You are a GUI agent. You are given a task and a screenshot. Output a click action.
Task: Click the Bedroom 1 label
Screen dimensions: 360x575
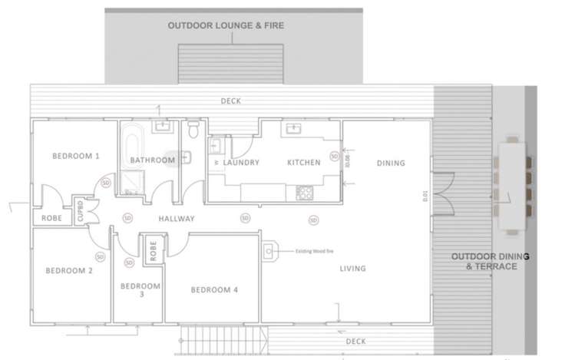point(76,156)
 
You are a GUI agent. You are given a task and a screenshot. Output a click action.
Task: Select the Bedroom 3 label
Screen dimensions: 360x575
point(140,289)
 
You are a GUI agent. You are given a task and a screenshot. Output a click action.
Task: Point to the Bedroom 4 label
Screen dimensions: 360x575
point(214,289)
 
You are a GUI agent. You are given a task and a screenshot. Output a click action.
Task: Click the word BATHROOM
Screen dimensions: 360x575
point(153,160)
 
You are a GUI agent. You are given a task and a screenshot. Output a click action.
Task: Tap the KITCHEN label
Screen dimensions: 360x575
point(303,163)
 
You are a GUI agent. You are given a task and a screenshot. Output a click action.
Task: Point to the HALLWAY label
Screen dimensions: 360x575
point(177,219)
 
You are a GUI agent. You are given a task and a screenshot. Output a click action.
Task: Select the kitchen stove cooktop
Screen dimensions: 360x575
point(301,193)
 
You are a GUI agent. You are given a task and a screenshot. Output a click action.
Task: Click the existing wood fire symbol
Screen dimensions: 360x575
point(269,250)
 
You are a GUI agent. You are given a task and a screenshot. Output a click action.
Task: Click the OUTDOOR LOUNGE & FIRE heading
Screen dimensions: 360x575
point(226,26)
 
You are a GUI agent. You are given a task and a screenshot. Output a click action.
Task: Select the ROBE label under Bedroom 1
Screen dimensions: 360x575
point(51,219)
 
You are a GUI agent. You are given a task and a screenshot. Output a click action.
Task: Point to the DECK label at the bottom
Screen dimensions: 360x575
point(355,342)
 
